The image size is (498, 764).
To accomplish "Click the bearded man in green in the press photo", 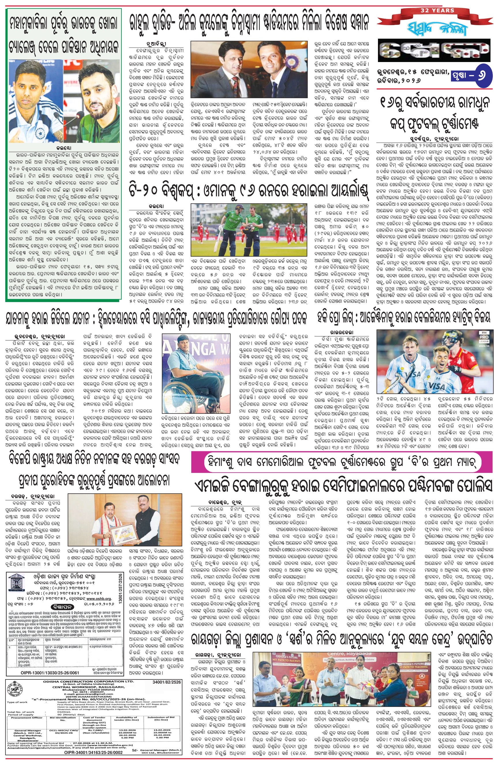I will coord(99,106).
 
